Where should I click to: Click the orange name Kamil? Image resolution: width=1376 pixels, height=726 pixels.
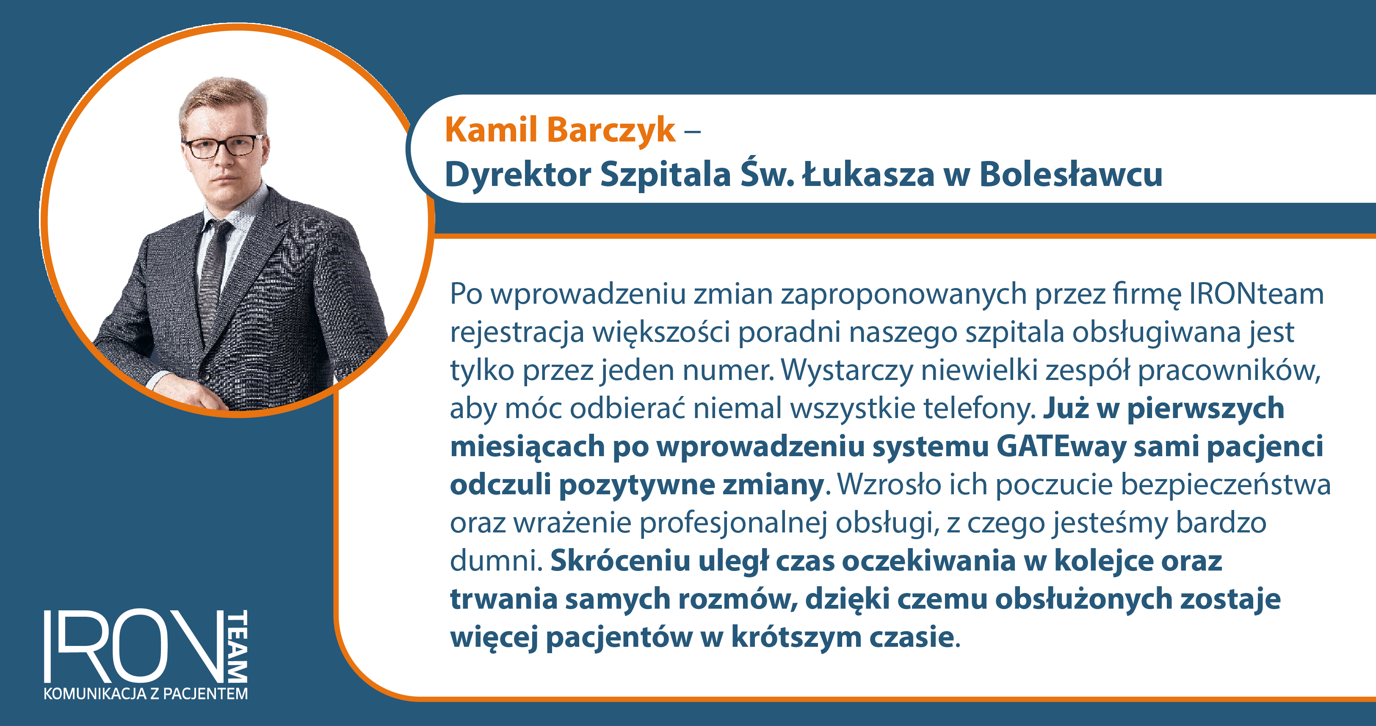491,129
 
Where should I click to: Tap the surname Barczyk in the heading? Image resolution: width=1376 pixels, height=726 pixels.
611,130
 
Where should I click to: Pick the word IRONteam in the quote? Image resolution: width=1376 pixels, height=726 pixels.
1256,294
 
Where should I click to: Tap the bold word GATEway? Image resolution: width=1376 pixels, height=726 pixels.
1061,446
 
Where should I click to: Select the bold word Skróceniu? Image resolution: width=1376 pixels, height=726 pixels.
620,561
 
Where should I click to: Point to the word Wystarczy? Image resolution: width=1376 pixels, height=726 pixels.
847,371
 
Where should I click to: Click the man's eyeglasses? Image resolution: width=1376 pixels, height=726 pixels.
222,147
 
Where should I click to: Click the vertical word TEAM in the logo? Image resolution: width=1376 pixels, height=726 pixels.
238,646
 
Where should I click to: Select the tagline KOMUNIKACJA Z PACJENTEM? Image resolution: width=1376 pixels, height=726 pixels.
146,694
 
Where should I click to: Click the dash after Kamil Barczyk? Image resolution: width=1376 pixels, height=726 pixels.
692,131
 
